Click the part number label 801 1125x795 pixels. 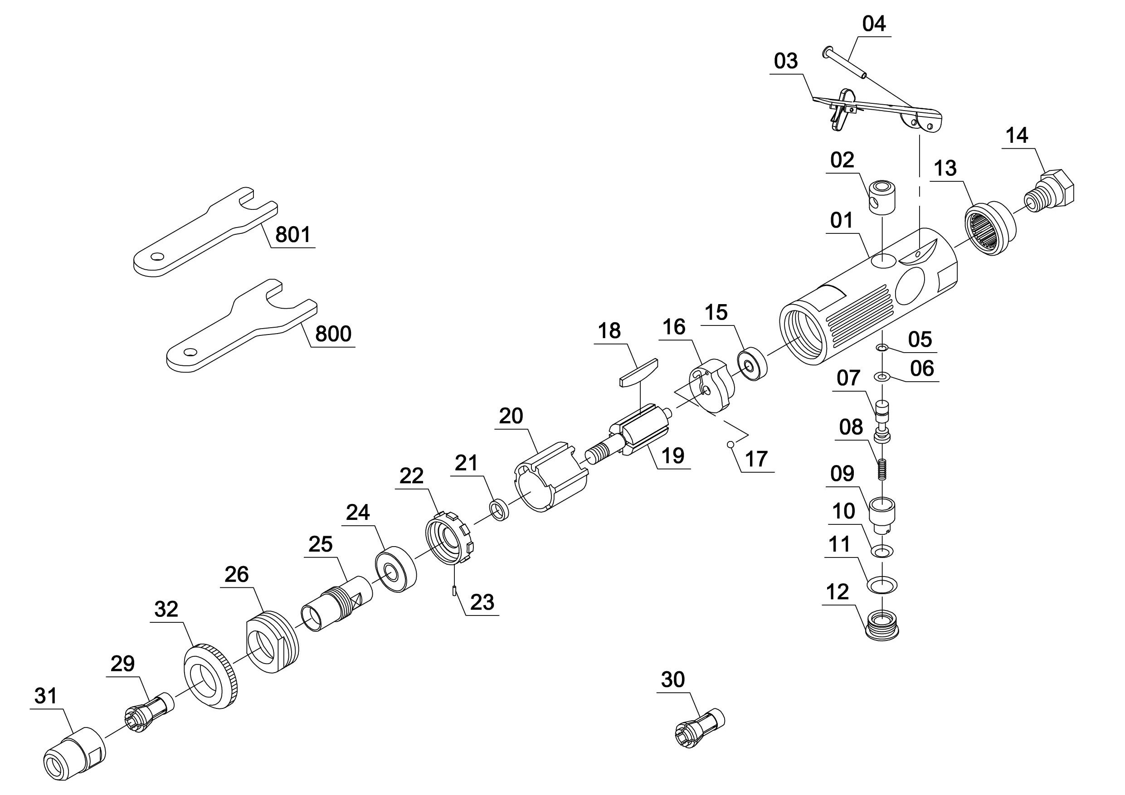pyautogui.click(x=293, y=235)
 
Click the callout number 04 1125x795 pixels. pyautogui.click(x=874, y=24)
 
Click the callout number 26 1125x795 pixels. pyautogui.click(x=237, y=574)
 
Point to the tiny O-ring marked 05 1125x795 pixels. pyautogui.click(x=882, y=348)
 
